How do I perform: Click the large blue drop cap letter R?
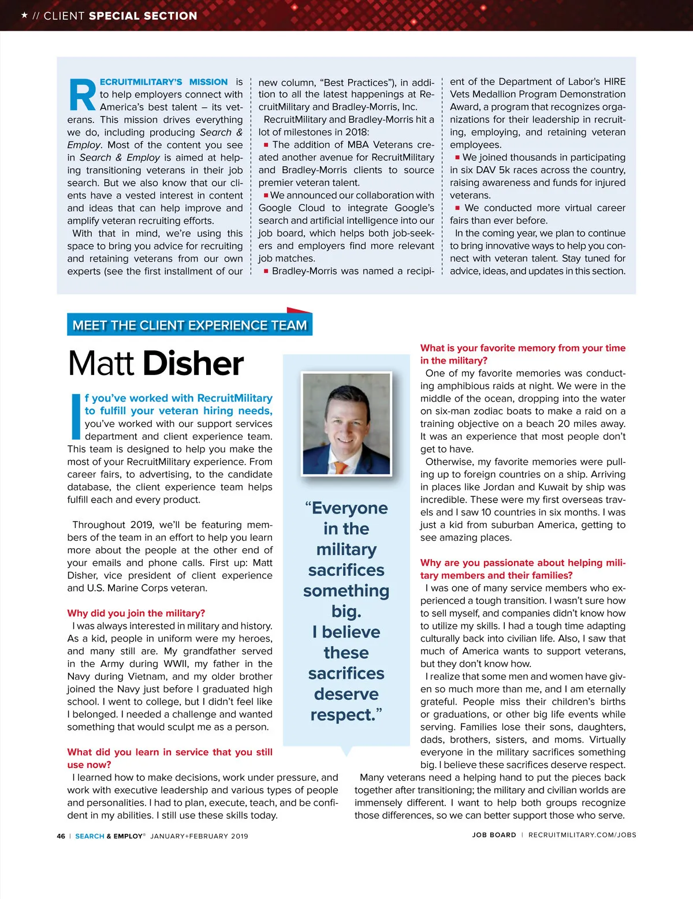83,95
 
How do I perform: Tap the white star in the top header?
24,15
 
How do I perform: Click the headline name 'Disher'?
193,364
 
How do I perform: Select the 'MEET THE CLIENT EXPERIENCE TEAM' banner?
189,325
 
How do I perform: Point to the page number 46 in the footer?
61,836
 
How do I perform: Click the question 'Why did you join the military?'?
136,613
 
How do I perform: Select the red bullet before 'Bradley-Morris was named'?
266,271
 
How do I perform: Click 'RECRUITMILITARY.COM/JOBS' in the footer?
582,835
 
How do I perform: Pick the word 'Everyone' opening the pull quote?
349,508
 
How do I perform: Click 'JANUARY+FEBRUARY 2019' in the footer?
199,836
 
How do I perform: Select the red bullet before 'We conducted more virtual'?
457,208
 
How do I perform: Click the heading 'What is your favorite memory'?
523,348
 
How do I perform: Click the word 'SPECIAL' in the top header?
114,16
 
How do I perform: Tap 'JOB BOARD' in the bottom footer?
494,835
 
